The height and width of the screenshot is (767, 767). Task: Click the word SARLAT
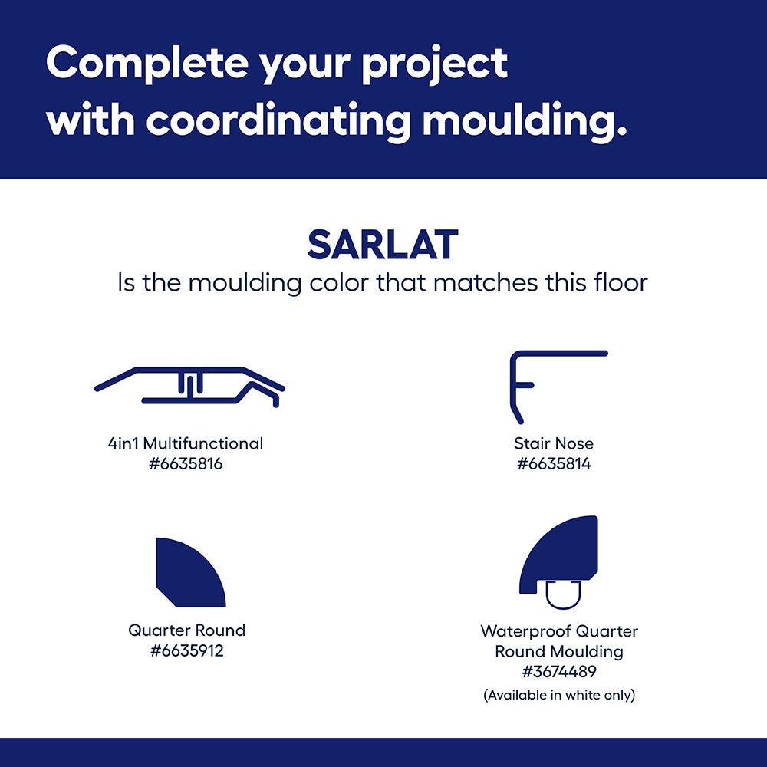tap(383, 245)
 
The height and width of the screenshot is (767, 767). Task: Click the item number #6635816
tap(186, 464)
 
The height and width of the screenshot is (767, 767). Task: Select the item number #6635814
tap(555, 464)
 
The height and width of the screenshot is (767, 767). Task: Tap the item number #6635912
tap(187, 650)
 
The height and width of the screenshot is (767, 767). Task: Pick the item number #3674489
tap(559, 672)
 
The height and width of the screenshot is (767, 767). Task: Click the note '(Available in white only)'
tap(559, 695)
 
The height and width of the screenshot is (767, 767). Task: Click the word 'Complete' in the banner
tap(147, 64)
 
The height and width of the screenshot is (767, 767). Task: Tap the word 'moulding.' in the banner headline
tap(525, 119)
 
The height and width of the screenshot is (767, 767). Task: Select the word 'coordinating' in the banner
tap(278, 119)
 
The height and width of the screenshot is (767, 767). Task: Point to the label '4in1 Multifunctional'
tap(186, 443)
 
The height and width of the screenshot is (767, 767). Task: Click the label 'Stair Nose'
tap(554, 443)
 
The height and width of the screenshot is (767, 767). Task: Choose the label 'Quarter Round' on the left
tap(187, 630)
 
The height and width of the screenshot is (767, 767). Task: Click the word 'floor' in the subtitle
tap(621, 283)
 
